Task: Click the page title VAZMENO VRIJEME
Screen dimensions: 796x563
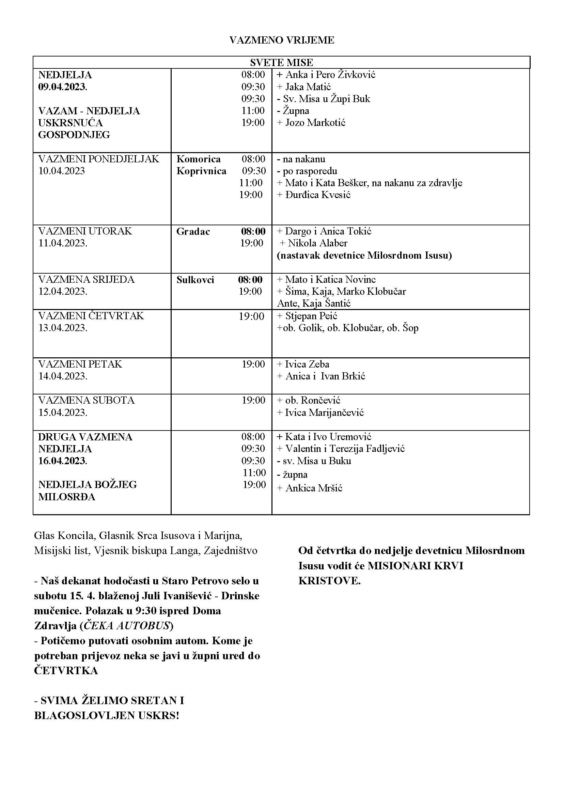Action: (x=281, y=40)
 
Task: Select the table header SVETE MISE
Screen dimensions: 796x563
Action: (x=281, y=63)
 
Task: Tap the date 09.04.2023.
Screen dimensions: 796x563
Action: (x=63, y=87)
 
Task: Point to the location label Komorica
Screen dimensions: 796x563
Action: (x=199, y=159)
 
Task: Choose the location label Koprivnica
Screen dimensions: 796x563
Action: (x=201, y=171)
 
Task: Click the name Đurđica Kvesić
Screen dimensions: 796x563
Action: (x=317, y=195)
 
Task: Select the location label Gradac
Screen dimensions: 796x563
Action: (x=193, y=232)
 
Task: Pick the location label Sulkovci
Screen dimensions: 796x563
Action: (x=195, y=280)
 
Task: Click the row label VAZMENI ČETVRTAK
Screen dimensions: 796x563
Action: (x=91, y=316)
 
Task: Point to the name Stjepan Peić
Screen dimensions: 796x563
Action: (x=311, y=316)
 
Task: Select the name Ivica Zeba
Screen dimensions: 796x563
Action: (x=307, y=364)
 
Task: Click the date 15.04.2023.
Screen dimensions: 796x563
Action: (x=63, y=412)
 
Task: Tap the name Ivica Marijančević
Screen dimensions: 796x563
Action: (x=324, y=412)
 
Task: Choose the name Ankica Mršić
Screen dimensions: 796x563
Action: (x=314, y=488)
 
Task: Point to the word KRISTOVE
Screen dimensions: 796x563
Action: (x=329, y=581)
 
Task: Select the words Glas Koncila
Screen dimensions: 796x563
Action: (x=64, y=536)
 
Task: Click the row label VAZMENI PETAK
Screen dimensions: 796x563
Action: (x=80, y=364)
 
